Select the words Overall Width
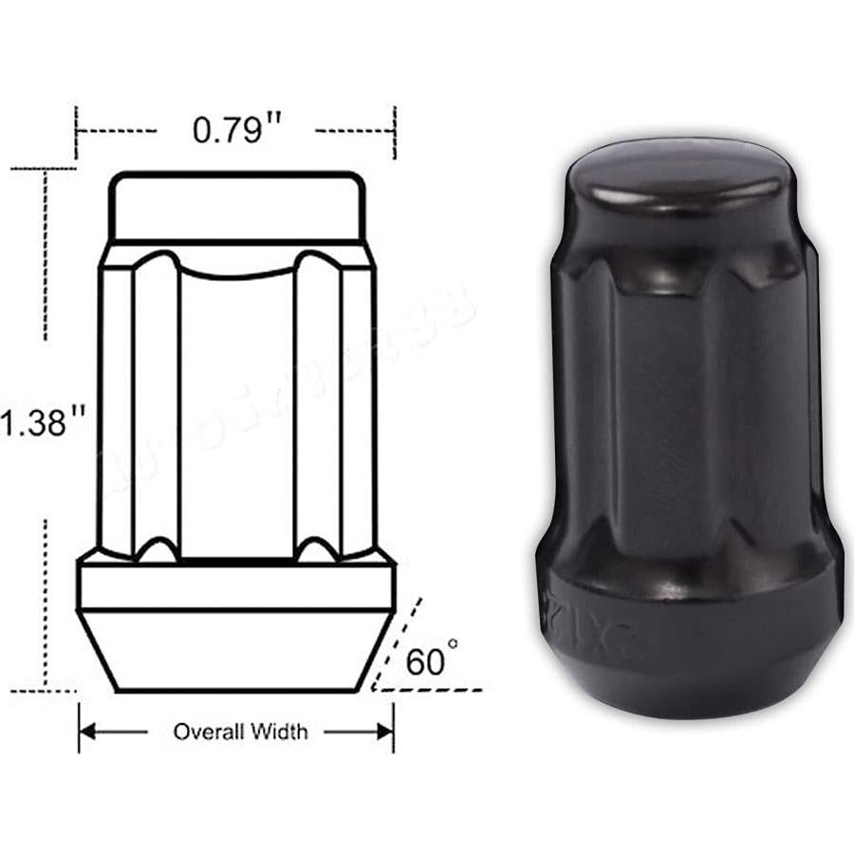(x=240, y=732)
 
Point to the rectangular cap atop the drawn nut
(x=235, y=206)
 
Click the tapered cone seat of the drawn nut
(x=235, y=650)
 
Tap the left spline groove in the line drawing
(x=157, y=408)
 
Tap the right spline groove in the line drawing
(x=317, y=408)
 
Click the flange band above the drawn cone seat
(x=235, y=586)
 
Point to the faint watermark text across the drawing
(x=285, y=380)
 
